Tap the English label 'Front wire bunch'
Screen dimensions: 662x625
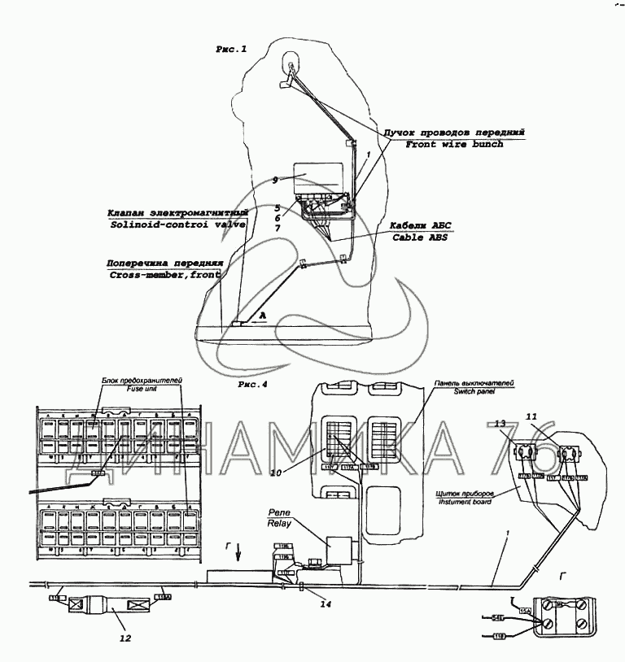pos(455,144)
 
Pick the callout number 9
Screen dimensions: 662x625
pos(275,180)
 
